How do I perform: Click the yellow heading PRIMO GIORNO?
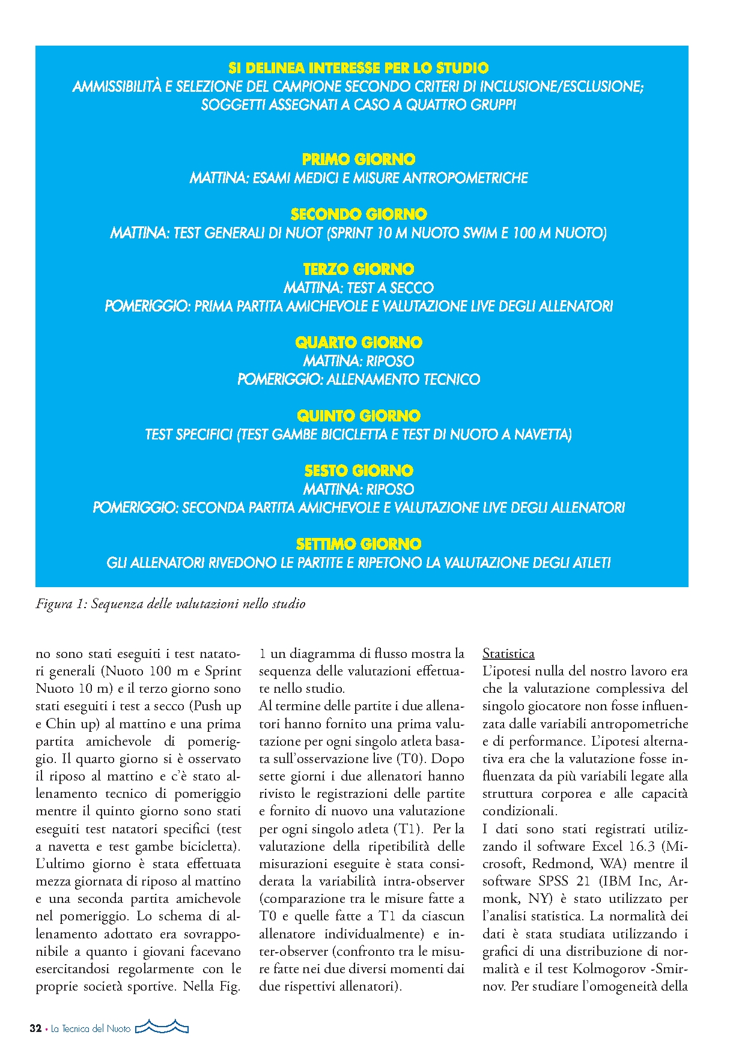tap(359, 160)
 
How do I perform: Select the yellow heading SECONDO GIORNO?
tap(359, 214)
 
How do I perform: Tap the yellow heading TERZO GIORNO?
tap(359, 269)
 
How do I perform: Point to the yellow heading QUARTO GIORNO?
tap(359, 343)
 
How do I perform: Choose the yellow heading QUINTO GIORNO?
tap(359, 416)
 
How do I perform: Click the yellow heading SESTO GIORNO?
tap(359, 471)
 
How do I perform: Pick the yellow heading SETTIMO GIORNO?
tap(359, 545)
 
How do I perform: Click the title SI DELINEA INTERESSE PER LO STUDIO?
tap(359, 68)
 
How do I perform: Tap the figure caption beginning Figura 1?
tap(171, 604)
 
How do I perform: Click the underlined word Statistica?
tap(508, 654)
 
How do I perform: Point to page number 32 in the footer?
tap(35, 1028)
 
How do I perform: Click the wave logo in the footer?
tap(162, 1027)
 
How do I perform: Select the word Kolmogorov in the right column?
tap(609, 969)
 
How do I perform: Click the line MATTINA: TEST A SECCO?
tap(359, 288)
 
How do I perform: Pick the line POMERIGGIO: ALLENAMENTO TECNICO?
tap(359, 379)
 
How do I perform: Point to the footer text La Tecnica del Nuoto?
tap(91, 1029)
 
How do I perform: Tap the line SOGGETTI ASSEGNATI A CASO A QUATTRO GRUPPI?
tap(359, 105)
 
